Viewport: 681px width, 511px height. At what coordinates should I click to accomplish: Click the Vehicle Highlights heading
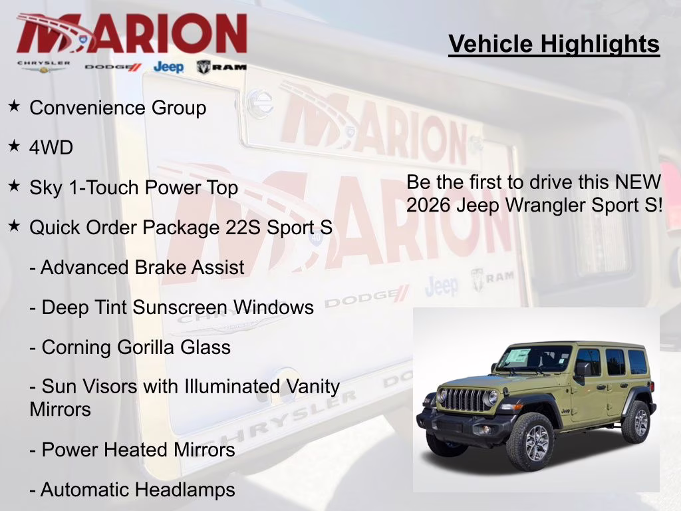554,44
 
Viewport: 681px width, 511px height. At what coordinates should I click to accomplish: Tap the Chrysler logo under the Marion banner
44,67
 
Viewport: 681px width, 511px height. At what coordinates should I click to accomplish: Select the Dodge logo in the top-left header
113,67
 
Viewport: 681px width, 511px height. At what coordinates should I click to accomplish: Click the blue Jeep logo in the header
168,67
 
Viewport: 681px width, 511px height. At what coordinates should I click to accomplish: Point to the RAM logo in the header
221,67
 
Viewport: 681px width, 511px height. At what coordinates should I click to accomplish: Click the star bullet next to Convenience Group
14,106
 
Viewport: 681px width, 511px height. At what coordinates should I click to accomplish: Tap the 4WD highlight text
51,148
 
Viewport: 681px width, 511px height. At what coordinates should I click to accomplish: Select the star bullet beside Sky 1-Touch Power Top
14,186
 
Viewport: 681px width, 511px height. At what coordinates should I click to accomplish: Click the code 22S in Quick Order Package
241,228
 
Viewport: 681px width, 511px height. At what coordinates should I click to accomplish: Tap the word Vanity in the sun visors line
308,386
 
